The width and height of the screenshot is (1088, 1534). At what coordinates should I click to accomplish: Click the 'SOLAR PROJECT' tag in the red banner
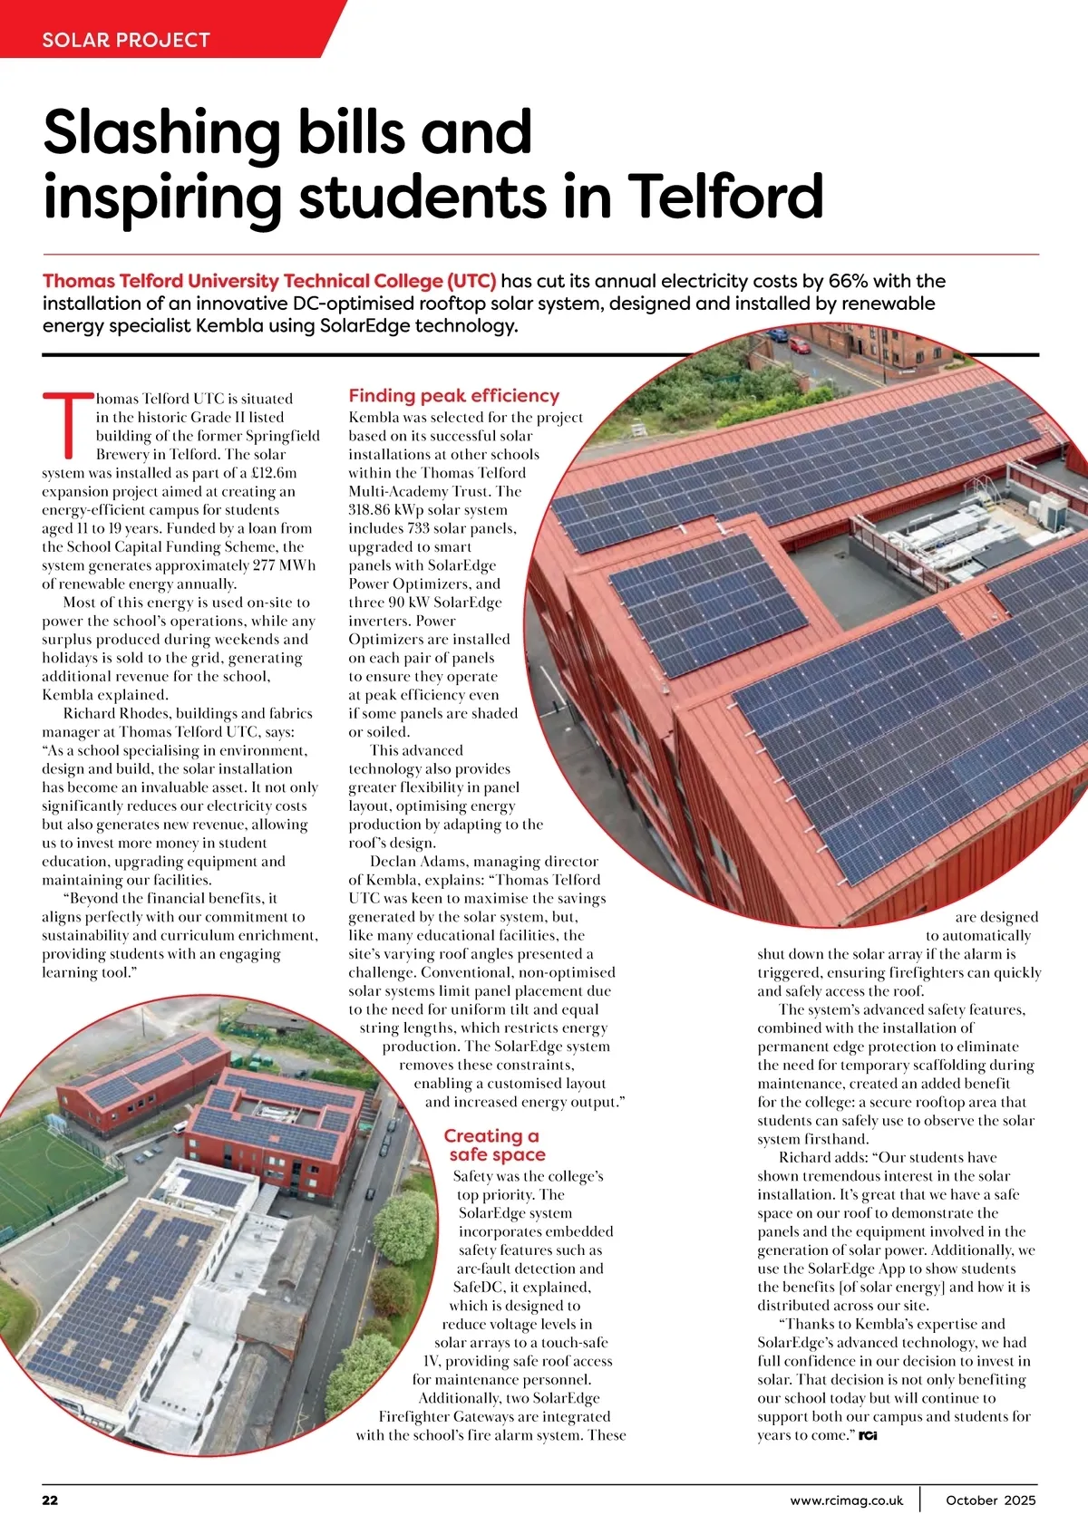(126, 40)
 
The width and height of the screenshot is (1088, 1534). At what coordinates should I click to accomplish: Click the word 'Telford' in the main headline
(725, 196)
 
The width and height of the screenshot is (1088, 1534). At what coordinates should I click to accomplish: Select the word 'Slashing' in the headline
(161, 132)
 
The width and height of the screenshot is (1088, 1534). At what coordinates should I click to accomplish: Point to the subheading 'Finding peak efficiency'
(453, 396)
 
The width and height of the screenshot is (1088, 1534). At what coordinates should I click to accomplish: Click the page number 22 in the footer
(50, 1500)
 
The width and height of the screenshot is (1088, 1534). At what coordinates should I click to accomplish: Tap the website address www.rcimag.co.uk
(846, 1500)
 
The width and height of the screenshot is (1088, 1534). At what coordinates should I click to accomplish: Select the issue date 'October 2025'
(990, 1500)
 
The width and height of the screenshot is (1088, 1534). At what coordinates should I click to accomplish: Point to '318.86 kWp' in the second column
(385, 510)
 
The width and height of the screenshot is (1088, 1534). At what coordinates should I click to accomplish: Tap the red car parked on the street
(799, 344)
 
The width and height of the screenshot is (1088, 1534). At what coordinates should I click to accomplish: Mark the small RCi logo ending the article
(868, 1436)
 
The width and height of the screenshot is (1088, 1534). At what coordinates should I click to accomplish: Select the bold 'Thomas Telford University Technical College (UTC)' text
(269, 281)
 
